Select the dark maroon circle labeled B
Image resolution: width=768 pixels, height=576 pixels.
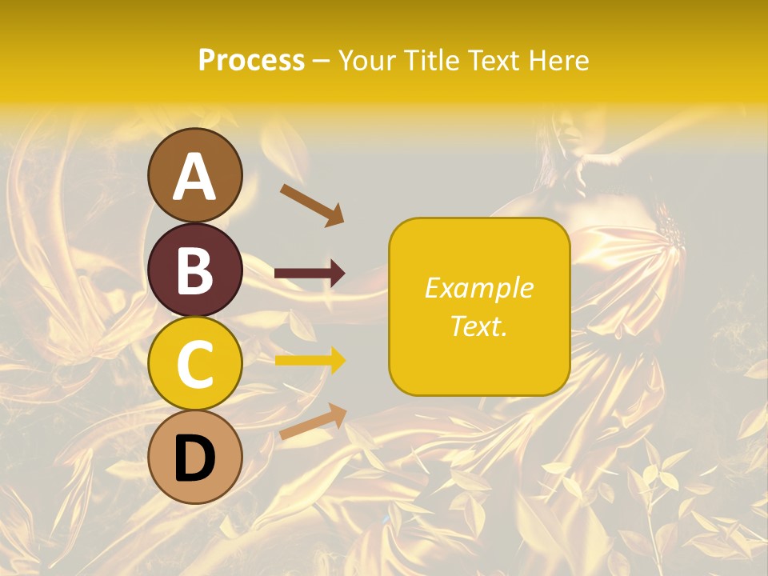pyautogui.click(x=195, y=270)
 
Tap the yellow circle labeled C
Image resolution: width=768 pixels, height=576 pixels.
pyautogui.click(x=195, y=364)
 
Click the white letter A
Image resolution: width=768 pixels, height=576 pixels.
pyautogui.click(x=195, y=177)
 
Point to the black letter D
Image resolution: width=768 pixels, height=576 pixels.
pyautogui.click(x=195, y=458)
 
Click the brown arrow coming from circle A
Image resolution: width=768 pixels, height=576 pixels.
pyautogui.click(x=312, y=204)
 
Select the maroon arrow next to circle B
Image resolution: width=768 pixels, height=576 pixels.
pyautogui.click(x=310, y=274)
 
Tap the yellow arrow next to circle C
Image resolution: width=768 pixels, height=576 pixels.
pyautogui.click(x=310, y=361)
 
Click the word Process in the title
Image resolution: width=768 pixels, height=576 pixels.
pyautogui.click(x=251, y=60)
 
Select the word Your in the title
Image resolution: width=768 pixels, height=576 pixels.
pyautogui.click(x=367, y=60)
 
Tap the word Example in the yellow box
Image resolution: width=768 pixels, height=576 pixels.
pyautogui.click(x=478, y=288)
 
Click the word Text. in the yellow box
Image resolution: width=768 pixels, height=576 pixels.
pyautogui.click(x=478, y=326)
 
